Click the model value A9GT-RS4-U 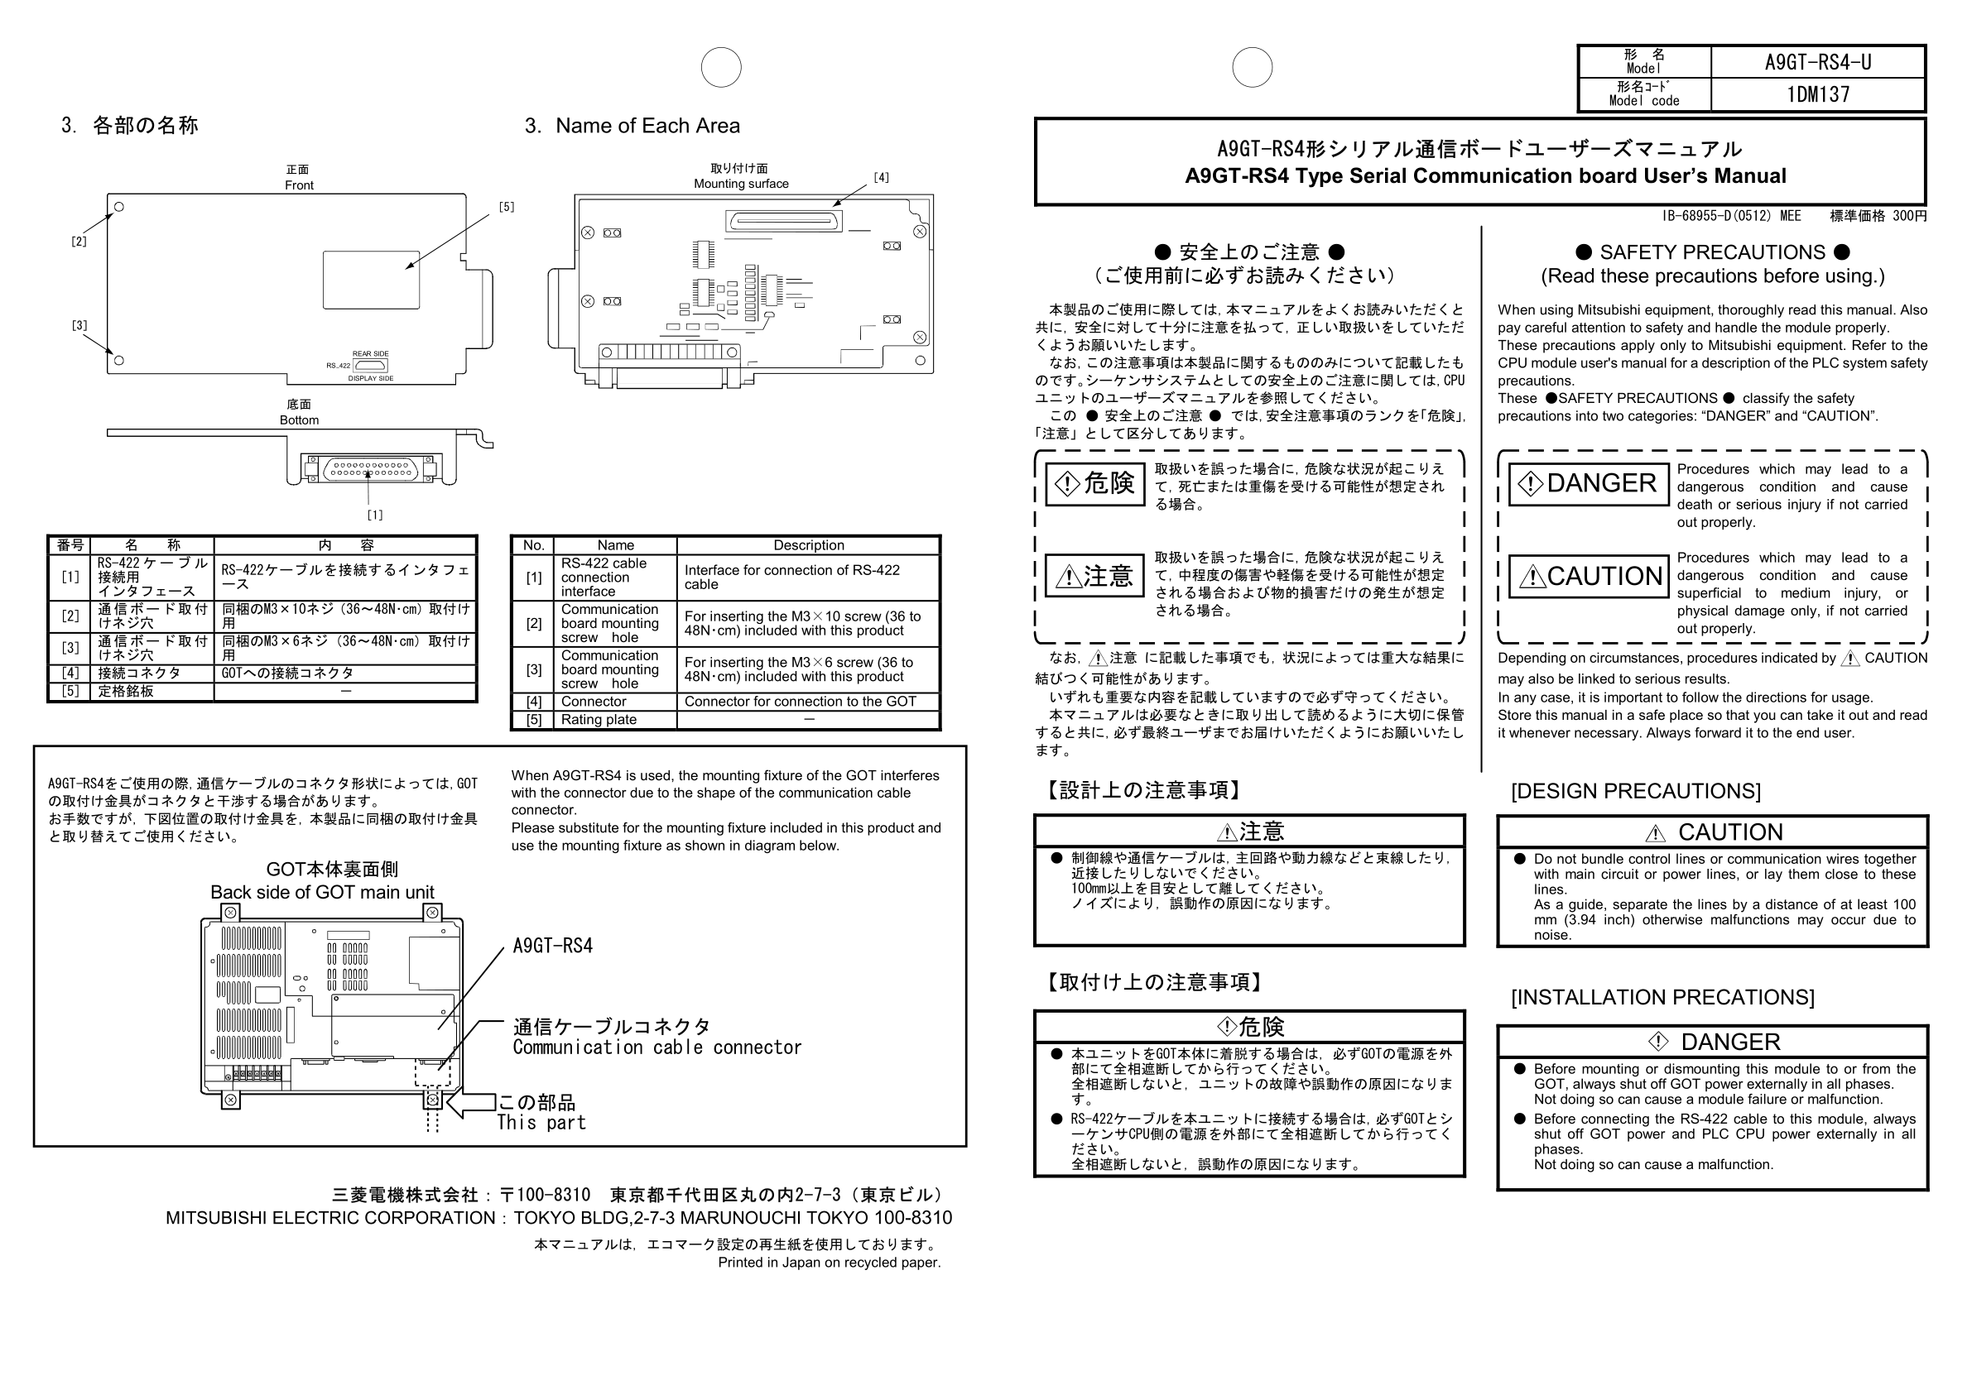click(1817, 62)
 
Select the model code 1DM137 click(1817, 93)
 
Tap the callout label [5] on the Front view click(506, 207)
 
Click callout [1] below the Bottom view click(375, 515)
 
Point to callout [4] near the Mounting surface click(881, 178)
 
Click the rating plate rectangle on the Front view click(371, 280)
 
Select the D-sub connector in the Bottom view click(369, 470)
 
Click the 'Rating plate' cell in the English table click(599, 720)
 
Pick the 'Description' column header click(808, 545)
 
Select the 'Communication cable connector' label click(657, 1047)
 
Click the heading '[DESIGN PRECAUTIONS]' click(1635, 791)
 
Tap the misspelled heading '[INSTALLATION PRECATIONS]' click(1662, 997)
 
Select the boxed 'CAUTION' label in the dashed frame click(1589, 577)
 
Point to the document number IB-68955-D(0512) click(1730, 217)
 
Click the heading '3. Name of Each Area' click(632, 127)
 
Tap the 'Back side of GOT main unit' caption click(322, 893)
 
